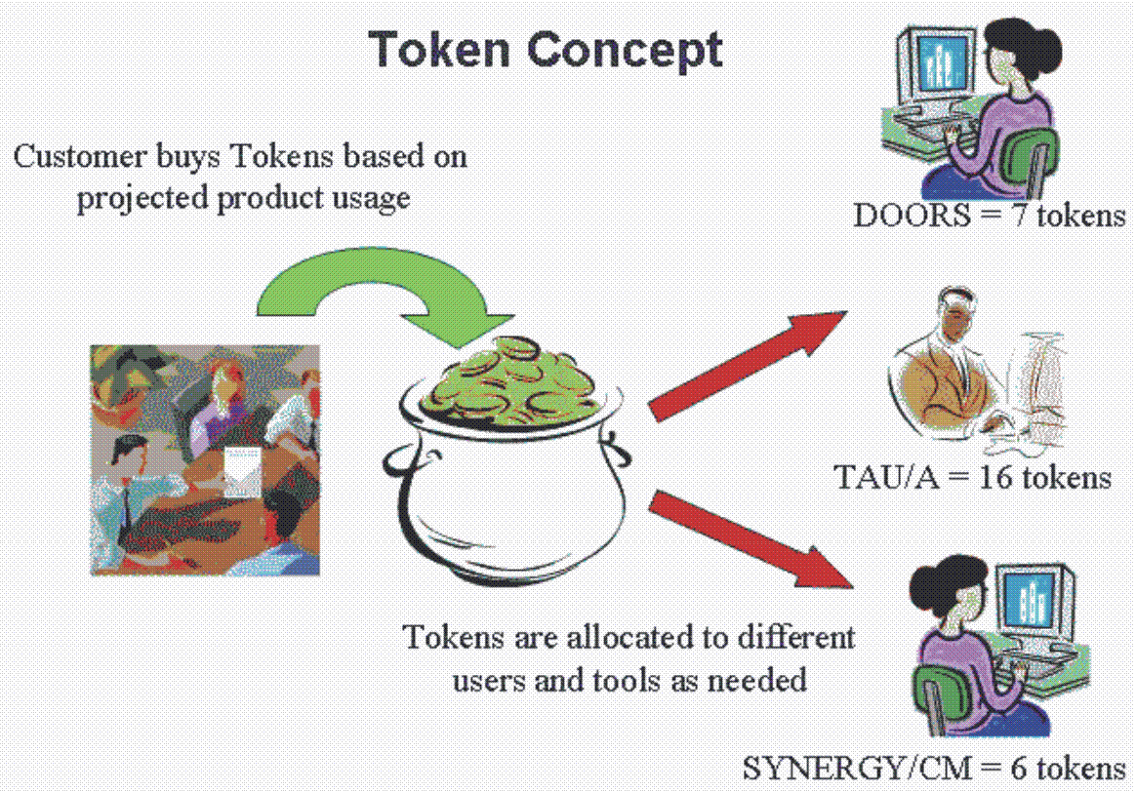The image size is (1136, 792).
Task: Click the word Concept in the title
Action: coord(625,52)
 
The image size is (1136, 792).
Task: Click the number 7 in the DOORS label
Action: coord(1019,216)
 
